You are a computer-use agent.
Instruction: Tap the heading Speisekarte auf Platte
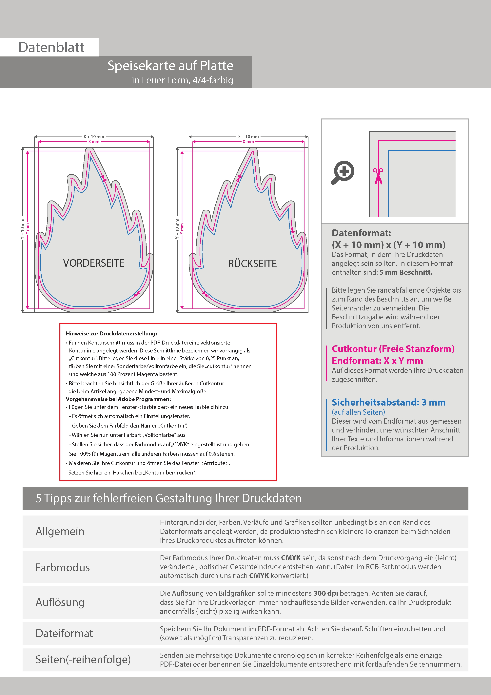coord(170,66)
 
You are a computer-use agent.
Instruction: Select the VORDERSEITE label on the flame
coord(94,263)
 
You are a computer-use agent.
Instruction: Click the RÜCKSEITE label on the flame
coord(252,264)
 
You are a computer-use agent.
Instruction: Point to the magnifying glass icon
coord(343,172)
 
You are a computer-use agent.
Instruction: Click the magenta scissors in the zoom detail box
coord(378,176)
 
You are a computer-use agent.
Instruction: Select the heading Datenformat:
coord(361,233)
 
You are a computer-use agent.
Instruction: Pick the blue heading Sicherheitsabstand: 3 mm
coord(388,402)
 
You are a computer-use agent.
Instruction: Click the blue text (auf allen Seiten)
coord(358,412)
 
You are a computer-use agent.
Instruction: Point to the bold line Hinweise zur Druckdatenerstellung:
coord(111,334)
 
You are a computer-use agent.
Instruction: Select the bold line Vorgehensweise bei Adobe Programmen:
coord(118,399)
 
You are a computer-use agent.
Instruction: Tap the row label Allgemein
coord(60,531)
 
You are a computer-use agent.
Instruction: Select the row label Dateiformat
coord(64,633)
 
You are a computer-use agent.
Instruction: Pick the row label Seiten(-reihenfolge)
coord(83,659)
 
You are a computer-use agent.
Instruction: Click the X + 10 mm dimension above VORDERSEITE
coord(94,137)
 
